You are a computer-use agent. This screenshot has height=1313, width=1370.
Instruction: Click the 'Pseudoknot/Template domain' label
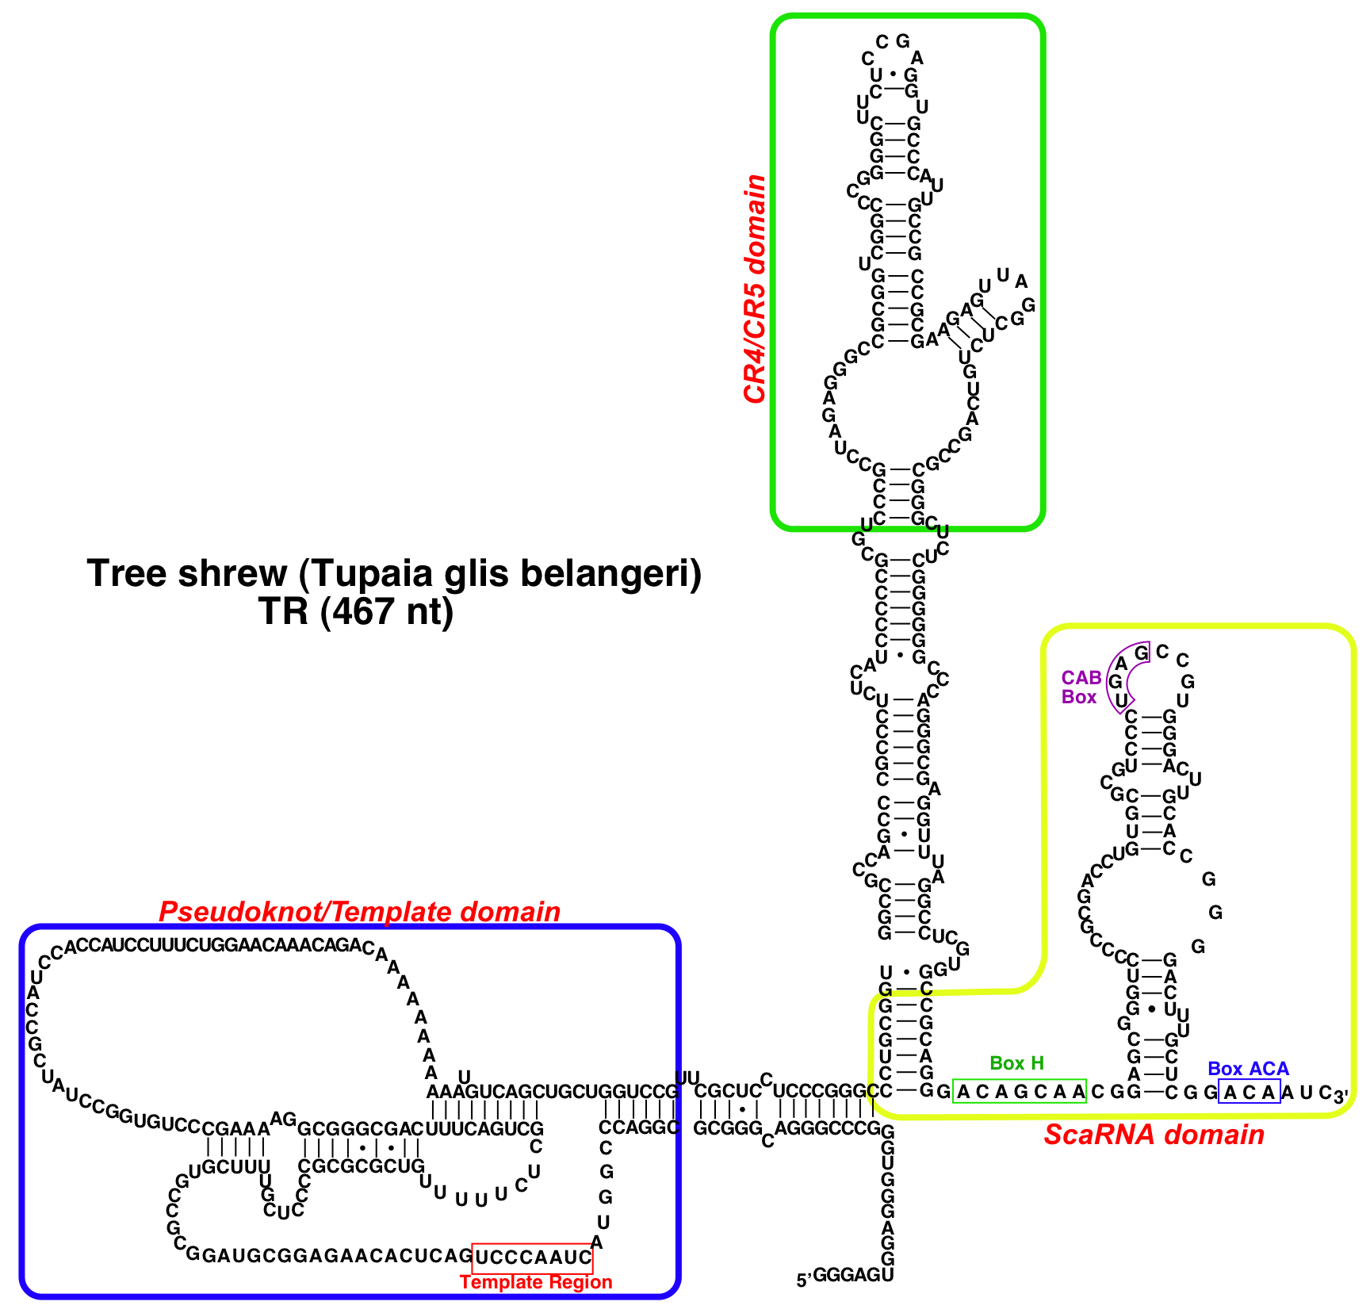point(359,912)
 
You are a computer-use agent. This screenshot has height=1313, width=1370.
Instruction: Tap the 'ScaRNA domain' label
point(1154,1135)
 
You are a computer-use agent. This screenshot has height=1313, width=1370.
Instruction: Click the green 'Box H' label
point(1017,1063)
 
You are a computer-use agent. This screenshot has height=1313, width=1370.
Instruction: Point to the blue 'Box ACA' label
point(1248,1069)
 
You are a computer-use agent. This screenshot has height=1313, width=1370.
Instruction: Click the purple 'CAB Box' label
point(1081,687)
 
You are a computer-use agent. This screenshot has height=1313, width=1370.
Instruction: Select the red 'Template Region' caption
point(536,1282)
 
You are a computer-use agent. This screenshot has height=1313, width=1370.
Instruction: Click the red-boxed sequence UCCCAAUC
point(532,1257)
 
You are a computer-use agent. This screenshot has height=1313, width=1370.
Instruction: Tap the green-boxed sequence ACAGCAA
point(1020,1092)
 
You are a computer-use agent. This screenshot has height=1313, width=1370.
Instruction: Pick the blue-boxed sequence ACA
point(1249,1092)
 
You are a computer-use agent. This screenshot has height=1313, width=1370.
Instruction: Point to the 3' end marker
point(1341,1097)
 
